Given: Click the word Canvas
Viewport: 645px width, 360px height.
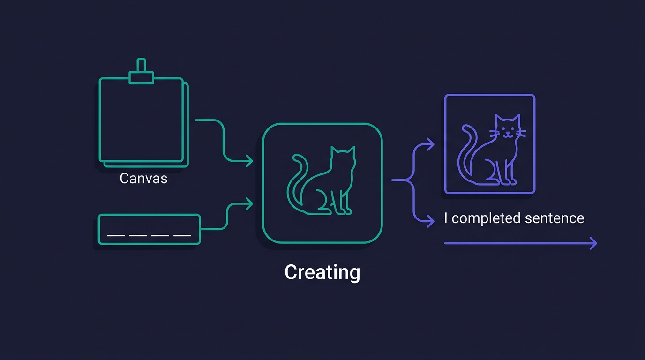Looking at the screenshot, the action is click(x=143, y=178).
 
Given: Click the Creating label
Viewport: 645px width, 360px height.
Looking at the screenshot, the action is click(x=322, y=272).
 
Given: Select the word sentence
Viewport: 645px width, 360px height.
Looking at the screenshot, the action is click(x=555, y=218).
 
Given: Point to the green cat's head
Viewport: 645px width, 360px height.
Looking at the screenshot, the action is click(x=343, y=157).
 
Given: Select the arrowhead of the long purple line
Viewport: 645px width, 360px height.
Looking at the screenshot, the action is click(x=593, y=243).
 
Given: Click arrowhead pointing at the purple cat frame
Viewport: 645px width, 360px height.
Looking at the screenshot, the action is click(x=430, y=144).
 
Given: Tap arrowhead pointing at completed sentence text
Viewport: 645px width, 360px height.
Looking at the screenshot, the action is click(x=430, y=221).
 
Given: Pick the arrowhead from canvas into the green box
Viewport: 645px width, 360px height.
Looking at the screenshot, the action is click(x=249, y=161).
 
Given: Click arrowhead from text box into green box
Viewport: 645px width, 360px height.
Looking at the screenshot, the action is click(x=249, y=204).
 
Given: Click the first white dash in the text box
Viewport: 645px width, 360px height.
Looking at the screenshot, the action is click(x=116, y=236).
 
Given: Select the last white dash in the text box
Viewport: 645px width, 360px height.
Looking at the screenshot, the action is click(x=182, y=236).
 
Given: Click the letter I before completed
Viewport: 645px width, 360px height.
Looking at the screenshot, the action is click(x=446, y=218).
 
